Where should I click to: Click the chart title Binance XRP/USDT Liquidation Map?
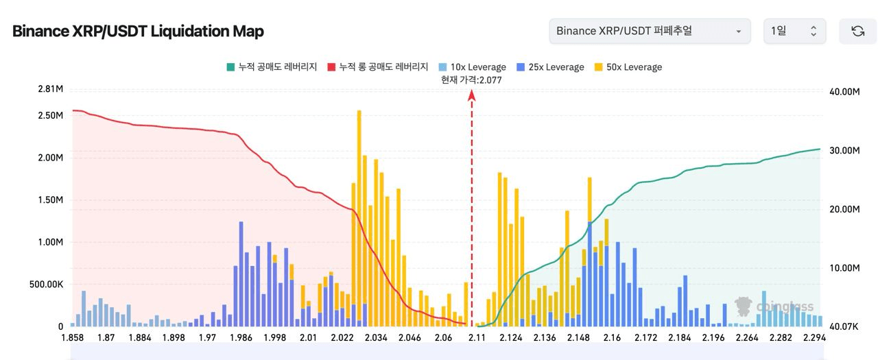[x=138, y=32]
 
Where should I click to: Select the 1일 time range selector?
[x=794, y=32]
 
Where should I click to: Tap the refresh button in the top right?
[x=857, y=32]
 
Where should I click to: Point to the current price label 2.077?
[x=471, y=80]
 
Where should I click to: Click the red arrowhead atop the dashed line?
[x=472, y=96]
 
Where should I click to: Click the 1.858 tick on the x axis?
[x=73, y=338]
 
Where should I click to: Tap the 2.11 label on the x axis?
[x=477, y=338]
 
